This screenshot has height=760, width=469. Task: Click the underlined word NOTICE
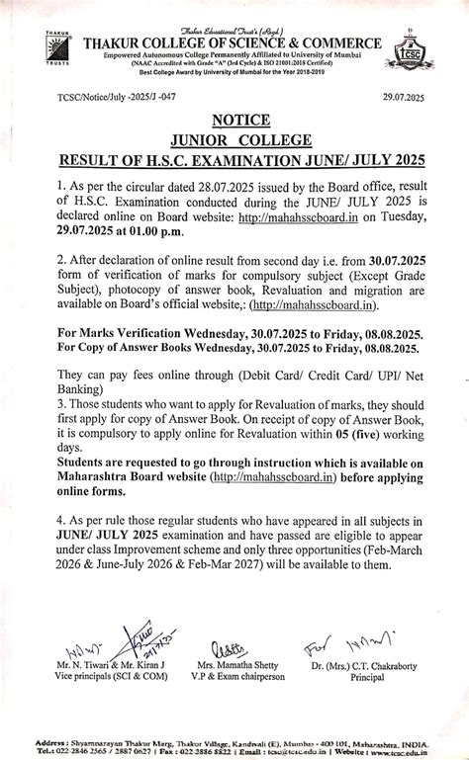point(234,121)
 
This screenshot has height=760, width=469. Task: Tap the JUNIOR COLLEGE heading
point(234,140)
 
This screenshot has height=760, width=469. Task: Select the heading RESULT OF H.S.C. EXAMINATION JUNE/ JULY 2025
point(234,160)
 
